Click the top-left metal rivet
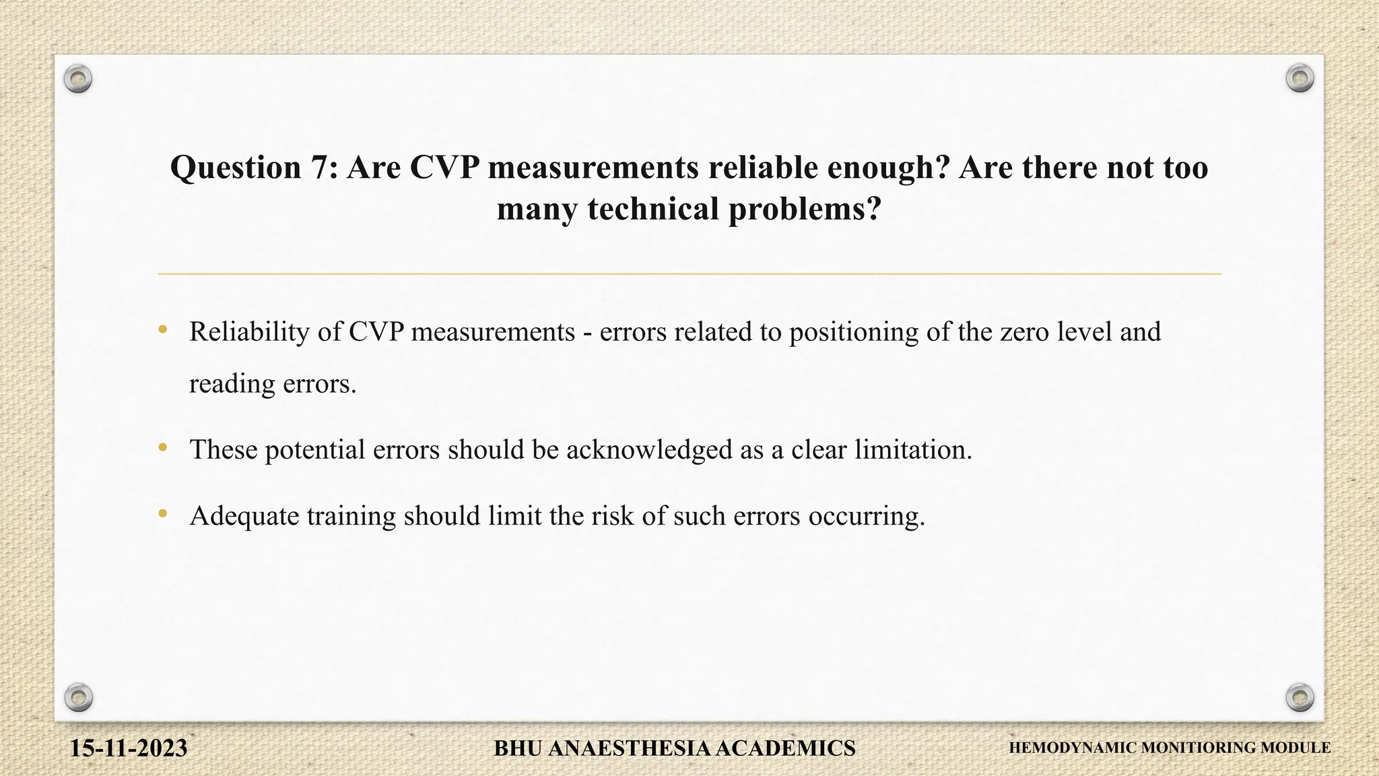(78, 79)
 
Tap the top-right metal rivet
(1300, 79)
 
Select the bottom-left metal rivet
(78, 697)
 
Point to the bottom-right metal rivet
(1300, 697)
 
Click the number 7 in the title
(319, 167)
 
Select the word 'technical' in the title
(653, 209)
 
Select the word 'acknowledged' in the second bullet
(648, 450)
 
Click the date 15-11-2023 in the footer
(129, 748)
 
